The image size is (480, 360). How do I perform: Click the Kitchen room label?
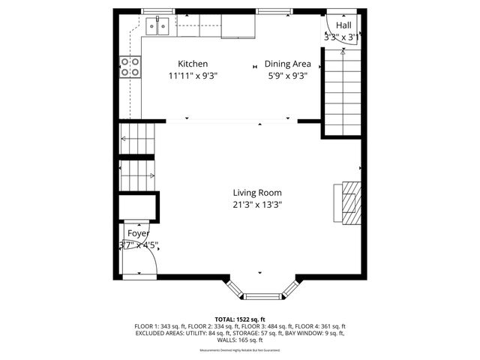[193, 64]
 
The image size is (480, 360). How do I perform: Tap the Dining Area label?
[289, 64]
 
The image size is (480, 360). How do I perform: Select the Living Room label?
[256, 193]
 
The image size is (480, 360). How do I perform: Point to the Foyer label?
[138, 233]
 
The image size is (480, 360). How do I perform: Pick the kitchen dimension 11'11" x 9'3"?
[193, 75]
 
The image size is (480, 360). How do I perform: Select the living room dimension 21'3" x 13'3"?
[256, 204]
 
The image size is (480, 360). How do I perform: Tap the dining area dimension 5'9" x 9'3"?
[289, 75]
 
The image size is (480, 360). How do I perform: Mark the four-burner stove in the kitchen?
[130, 67]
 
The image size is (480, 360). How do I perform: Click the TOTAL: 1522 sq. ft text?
[239, 319]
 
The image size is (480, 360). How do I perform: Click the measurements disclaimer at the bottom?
[239, 350]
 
